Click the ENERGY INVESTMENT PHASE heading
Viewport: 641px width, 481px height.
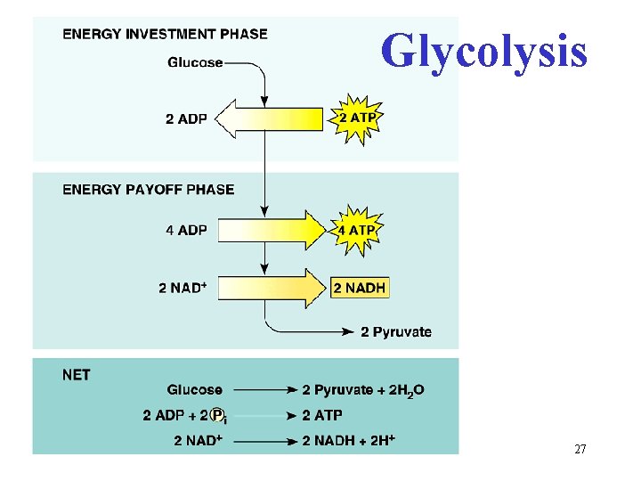pos(165,34)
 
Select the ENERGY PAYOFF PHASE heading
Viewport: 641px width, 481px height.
pos(149,189)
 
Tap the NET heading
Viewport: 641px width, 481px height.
pos(76,375)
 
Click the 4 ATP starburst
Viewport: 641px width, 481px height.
pos(356,230)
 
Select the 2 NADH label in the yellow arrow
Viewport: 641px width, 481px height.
pos(360,288)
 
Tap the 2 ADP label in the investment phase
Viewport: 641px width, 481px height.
pos(186,119)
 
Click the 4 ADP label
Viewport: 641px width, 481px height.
pos(186,230)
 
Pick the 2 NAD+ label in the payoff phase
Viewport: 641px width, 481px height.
pos(183,288)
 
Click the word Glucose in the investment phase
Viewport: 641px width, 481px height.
pos(195,62)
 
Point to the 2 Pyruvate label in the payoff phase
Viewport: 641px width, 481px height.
pos(396,332)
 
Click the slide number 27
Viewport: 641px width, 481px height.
pos(580,450)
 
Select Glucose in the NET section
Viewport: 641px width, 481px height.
pos(194,389)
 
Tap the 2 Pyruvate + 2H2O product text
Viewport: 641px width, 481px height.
pos(363,390)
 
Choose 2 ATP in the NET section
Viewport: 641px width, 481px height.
pos(321,416)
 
